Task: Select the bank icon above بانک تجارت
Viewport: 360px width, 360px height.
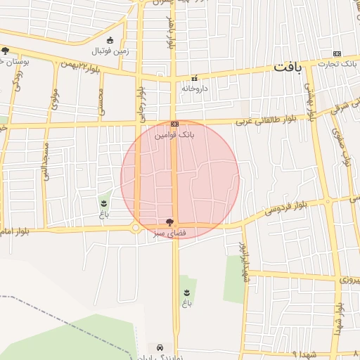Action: pos(337,54)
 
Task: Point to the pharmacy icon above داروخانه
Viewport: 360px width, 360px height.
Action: pos(194,78)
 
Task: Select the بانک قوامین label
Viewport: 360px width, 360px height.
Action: pos(174,133)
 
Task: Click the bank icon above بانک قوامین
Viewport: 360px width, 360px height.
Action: pos(174,122)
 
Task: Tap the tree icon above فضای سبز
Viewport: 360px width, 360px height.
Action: pos(169,221)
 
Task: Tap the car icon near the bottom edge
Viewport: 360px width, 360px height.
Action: pos(161,347)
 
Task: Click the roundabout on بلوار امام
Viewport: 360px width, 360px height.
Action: pos(136,228)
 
